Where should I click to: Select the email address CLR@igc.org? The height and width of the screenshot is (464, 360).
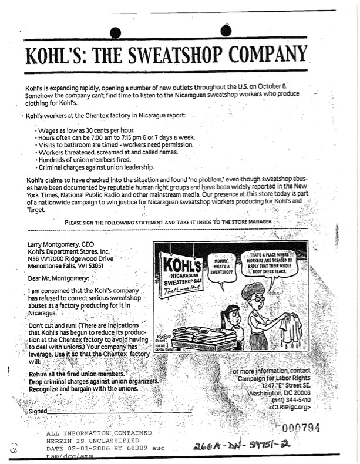click(288, 407)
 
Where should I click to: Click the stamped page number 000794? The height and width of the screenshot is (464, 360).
click(301, 428)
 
